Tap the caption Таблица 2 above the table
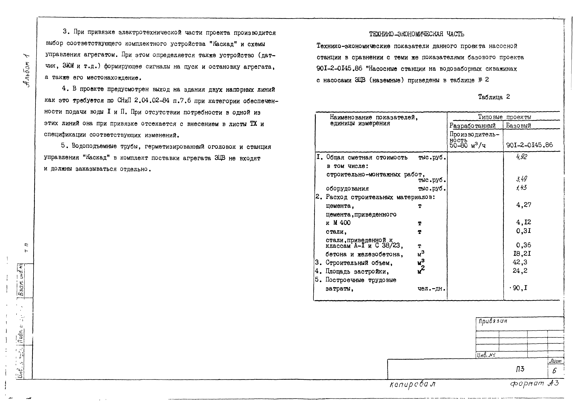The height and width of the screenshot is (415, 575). pos(494,97)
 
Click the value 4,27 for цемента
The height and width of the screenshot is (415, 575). pos(523,205)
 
